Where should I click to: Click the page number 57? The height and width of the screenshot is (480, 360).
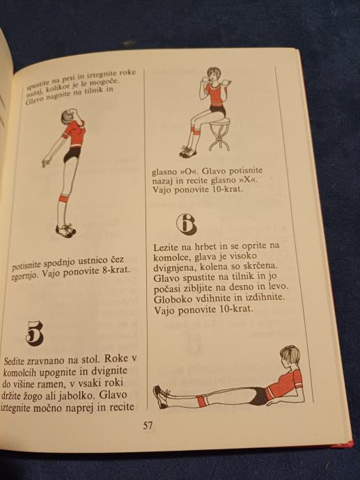tap(148, 426)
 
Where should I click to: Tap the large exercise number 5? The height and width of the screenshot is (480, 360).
tap(35, 333)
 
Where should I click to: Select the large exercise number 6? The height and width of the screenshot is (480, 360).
tap(187, 224)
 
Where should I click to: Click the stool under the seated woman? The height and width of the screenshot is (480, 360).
tap(219, 135)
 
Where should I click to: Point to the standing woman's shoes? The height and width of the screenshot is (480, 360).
tap(65, 230)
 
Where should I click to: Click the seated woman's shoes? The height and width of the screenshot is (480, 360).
tap(188, 152)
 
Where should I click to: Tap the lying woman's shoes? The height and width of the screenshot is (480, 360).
tap(161, 397)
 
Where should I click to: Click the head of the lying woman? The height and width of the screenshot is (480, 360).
tap(290, 357)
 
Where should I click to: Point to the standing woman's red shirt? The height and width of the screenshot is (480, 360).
tap(74, 133)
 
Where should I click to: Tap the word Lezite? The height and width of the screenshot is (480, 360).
tap(166, 247)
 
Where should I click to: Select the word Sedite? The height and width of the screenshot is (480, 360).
tap(13, 361)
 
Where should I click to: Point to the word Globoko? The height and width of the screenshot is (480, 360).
tap(170, 298)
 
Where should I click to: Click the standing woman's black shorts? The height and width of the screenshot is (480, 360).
tap(72, 154)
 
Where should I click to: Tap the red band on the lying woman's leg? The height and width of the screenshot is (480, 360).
tap(202, 401)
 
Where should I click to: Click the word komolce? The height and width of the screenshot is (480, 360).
tap(171, 257)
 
